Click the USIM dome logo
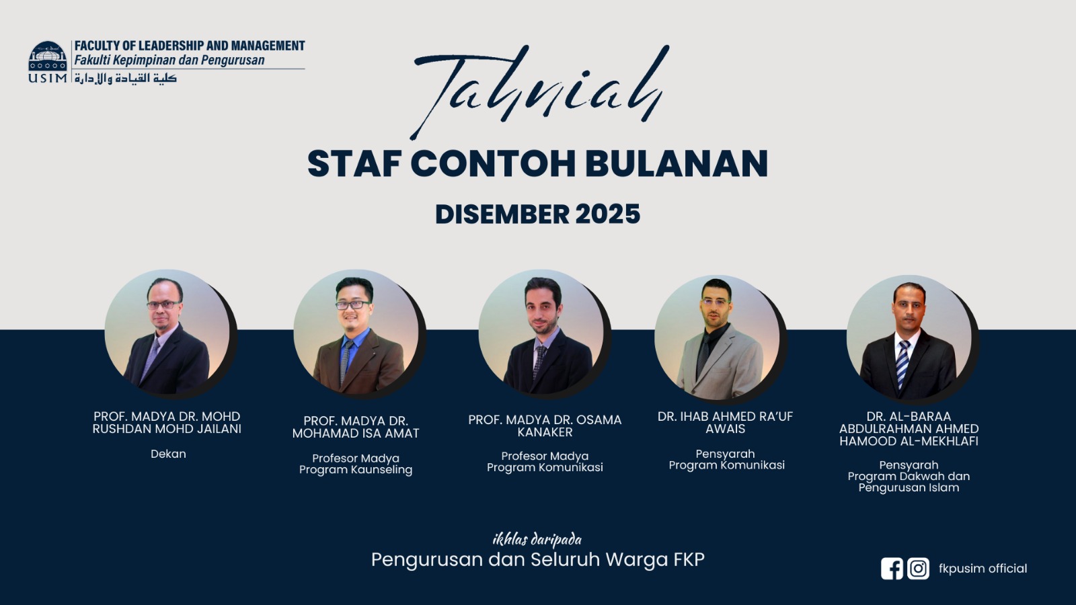coord(48,56)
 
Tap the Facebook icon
coord(892,569)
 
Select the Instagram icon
coord(918,569)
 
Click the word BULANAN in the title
coord(677,164)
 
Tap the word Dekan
coord(168,454)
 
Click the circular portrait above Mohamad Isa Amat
coord(356,332)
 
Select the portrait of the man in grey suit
coord(717,337)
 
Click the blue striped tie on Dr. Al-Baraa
coord(902,364)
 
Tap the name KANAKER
coord(545,432)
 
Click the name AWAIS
coord(726,429)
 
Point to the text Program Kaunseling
coord(356,470)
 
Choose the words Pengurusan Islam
coord(909,488)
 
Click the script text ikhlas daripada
coord(537,540)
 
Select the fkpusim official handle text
coord(983,569)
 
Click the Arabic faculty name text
coord(126,78)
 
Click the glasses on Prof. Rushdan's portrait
coord(163,305)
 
